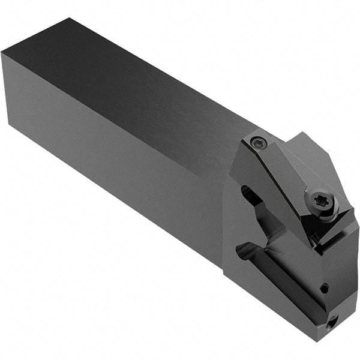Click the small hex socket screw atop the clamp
tap(259, 143)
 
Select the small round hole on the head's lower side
tap(325, 288)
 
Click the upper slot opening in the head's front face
tap(247, 195)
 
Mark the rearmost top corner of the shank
tap(70, 19)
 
